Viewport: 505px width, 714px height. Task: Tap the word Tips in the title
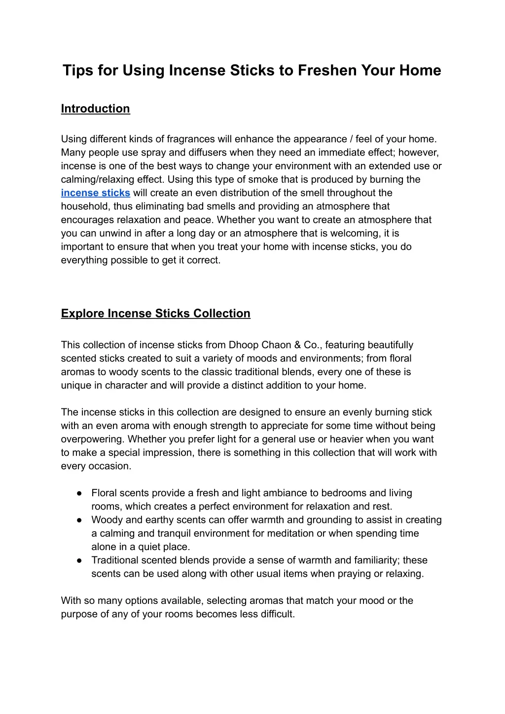tap(78, 70)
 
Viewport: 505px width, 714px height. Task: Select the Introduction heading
tap(95, 109)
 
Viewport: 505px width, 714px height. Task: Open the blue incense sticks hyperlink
tap(95, 193)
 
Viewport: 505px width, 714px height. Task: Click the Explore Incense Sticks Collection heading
tap(155, 314)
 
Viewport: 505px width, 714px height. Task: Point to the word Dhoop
tap(242, 345)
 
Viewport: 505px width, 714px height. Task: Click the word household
tap(85, 206)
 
